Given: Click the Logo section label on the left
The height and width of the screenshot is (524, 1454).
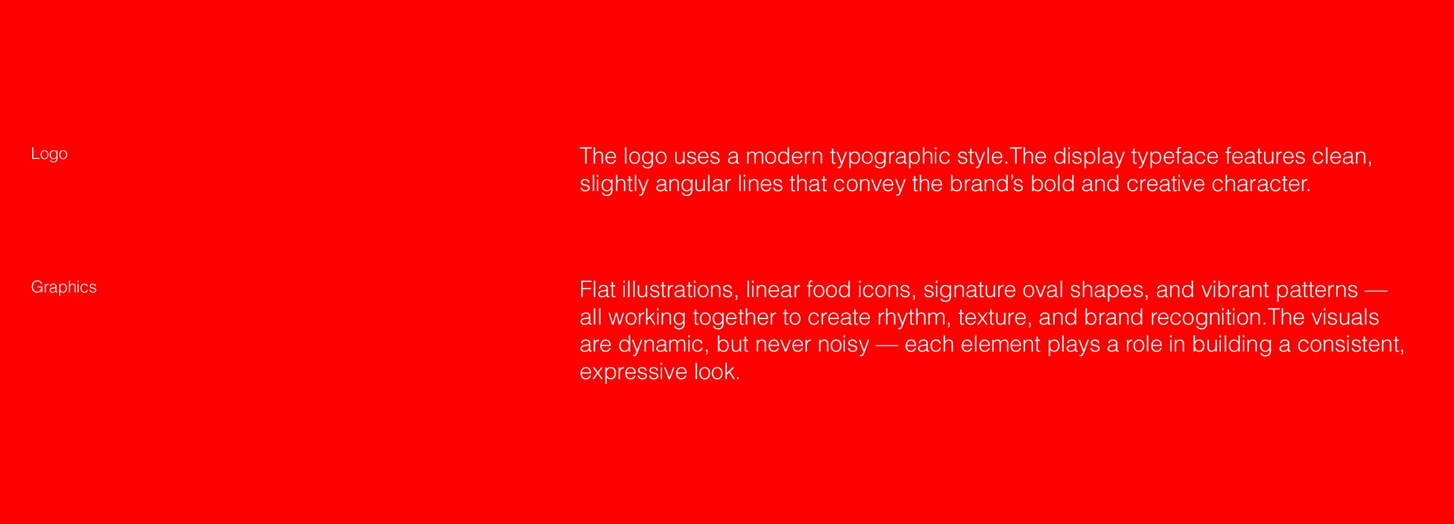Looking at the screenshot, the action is [49, 154].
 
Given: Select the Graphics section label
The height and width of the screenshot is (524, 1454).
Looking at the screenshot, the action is [64, 287].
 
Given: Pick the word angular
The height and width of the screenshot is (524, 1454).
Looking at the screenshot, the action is [693, 186].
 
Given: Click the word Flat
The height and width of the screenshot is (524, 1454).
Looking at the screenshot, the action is [597, 290].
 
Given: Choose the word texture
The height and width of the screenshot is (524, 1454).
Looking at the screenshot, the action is [992, 318].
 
